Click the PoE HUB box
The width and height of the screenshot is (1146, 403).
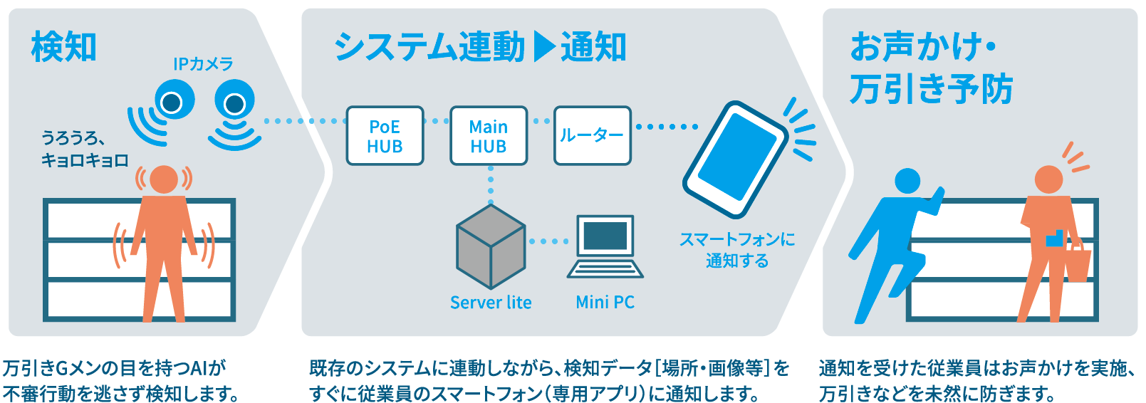[x=385, y=136]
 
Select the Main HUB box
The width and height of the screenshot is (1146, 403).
[x=489, y=136]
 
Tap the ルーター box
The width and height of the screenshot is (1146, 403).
[x=592, y=135]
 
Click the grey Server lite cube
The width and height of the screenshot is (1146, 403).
[x=491, y=246]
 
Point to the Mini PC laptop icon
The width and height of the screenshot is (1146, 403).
[x=605, y=247]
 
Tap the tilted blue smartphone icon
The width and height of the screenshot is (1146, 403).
[x=735, y=159]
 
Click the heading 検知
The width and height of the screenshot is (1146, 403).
[x=63, y=48]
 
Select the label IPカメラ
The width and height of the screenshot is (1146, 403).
[x=203, y=64]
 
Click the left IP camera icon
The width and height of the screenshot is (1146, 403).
[x=172, y=103]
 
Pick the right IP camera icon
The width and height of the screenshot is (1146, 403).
[x=234, y=105]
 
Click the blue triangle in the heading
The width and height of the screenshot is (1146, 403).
[x=543, y=47]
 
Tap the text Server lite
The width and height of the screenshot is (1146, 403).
[x=491, y=303]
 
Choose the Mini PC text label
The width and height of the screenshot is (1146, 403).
[x=605, y=303]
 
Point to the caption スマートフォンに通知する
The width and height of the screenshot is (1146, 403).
[x=737, y=250]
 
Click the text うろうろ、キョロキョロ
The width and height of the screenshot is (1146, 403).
[x=84, y=149]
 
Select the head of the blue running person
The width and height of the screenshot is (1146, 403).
[x=907, y=181]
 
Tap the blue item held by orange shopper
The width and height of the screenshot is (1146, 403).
[x=1054, y=239]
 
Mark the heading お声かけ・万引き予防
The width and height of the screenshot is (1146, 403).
[x=930, y=68]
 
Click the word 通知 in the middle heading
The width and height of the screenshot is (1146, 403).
[x=593, y=48]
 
